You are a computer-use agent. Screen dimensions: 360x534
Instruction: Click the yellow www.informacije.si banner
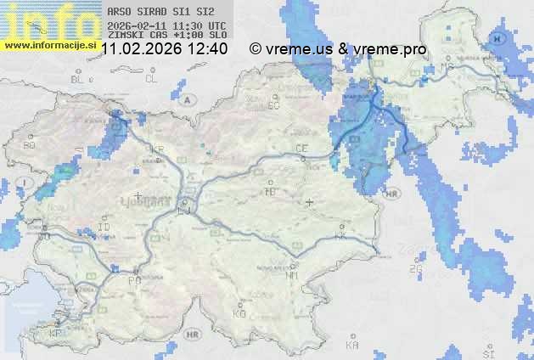[49, 44]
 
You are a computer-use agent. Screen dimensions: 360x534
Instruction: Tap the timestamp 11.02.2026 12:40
[164, 49]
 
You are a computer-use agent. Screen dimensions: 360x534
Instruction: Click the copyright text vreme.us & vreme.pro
[338, 49]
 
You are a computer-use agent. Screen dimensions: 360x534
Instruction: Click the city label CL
[151, 79]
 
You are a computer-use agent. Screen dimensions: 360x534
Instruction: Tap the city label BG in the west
[29, 145]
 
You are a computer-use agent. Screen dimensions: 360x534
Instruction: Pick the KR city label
[156, 148]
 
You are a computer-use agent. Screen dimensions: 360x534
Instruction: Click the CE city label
[301, 148]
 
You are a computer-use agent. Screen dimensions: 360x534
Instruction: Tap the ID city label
[104, 228]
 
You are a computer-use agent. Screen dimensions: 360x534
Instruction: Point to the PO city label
[133, 279]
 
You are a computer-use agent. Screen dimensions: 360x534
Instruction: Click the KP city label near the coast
[56, 333]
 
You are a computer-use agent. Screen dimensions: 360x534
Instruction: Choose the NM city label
[293, 275]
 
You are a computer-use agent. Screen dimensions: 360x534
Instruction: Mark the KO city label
[239, 313]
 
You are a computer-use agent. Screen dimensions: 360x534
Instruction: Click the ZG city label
[415, 269]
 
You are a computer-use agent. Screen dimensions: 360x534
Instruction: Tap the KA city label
[353, 345]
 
